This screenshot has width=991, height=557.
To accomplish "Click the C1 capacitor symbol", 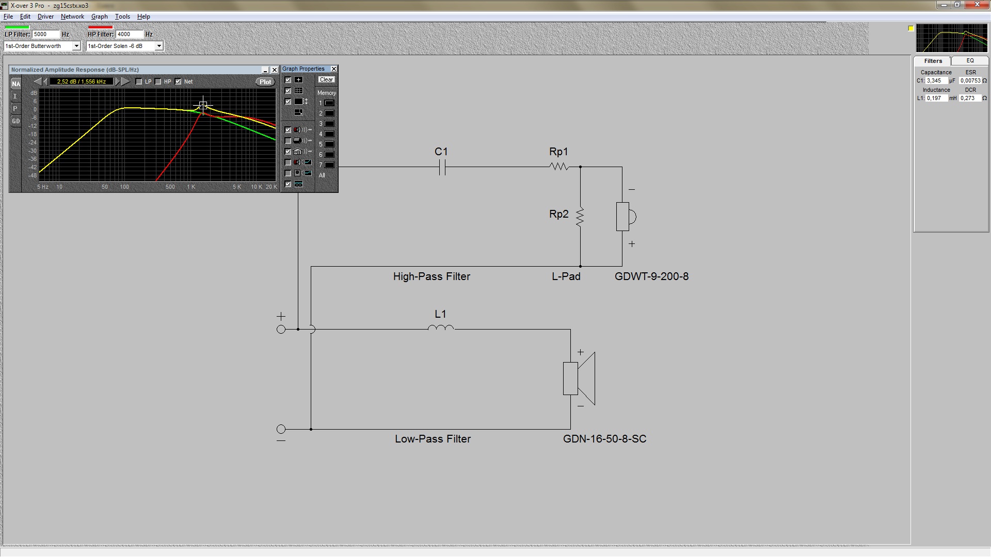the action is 442,167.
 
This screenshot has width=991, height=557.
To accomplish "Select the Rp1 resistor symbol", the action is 559,167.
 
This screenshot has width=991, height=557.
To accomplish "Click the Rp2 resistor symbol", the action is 580,217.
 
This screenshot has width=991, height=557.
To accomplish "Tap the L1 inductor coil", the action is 441,327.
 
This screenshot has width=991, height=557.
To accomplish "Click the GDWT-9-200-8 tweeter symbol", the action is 626,217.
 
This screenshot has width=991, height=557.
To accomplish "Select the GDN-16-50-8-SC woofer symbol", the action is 579,379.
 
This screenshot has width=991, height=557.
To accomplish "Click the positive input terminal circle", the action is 281,329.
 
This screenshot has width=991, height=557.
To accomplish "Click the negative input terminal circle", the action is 281,429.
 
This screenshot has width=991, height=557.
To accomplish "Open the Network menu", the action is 72,17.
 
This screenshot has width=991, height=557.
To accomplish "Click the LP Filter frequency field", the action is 46,35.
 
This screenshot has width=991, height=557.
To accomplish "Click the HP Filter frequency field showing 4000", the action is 129,35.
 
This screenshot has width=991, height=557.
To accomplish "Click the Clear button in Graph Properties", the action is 326,79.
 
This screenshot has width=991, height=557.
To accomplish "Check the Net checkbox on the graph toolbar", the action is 178,81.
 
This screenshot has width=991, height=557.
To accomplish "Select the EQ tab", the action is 970,61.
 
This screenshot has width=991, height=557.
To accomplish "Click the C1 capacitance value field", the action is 937,81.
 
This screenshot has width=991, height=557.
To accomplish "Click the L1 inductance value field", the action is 937,98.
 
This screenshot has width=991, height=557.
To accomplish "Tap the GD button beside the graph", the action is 16,121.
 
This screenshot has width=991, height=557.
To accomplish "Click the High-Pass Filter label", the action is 431,276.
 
